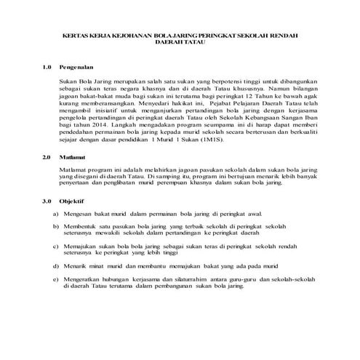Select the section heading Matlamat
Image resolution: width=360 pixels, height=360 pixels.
pos(73,157)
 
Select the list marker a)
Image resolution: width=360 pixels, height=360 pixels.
pos(57,215)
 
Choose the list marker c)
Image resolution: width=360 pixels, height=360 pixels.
pos(57,248)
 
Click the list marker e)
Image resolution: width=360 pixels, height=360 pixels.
pos(57,279)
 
